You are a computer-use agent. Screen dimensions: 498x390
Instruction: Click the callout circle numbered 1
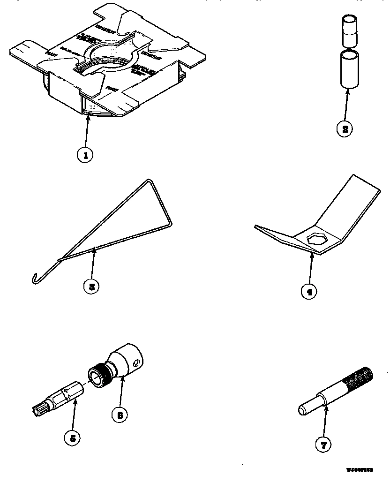click(x=85, y=155)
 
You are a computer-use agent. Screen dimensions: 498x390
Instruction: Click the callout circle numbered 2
click(x=345, y=129)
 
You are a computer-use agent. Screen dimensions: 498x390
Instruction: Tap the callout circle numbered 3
click(x=91, y=286)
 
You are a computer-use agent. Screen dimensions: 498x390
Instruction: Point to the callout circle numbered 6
click(x=120, y=414)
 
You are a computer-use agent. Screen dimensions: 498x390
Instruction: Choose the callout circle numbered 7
click(x=323, y=444)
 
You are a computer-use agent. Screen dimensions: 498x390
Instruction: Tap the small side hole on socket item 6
click(x=135, y=362)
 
